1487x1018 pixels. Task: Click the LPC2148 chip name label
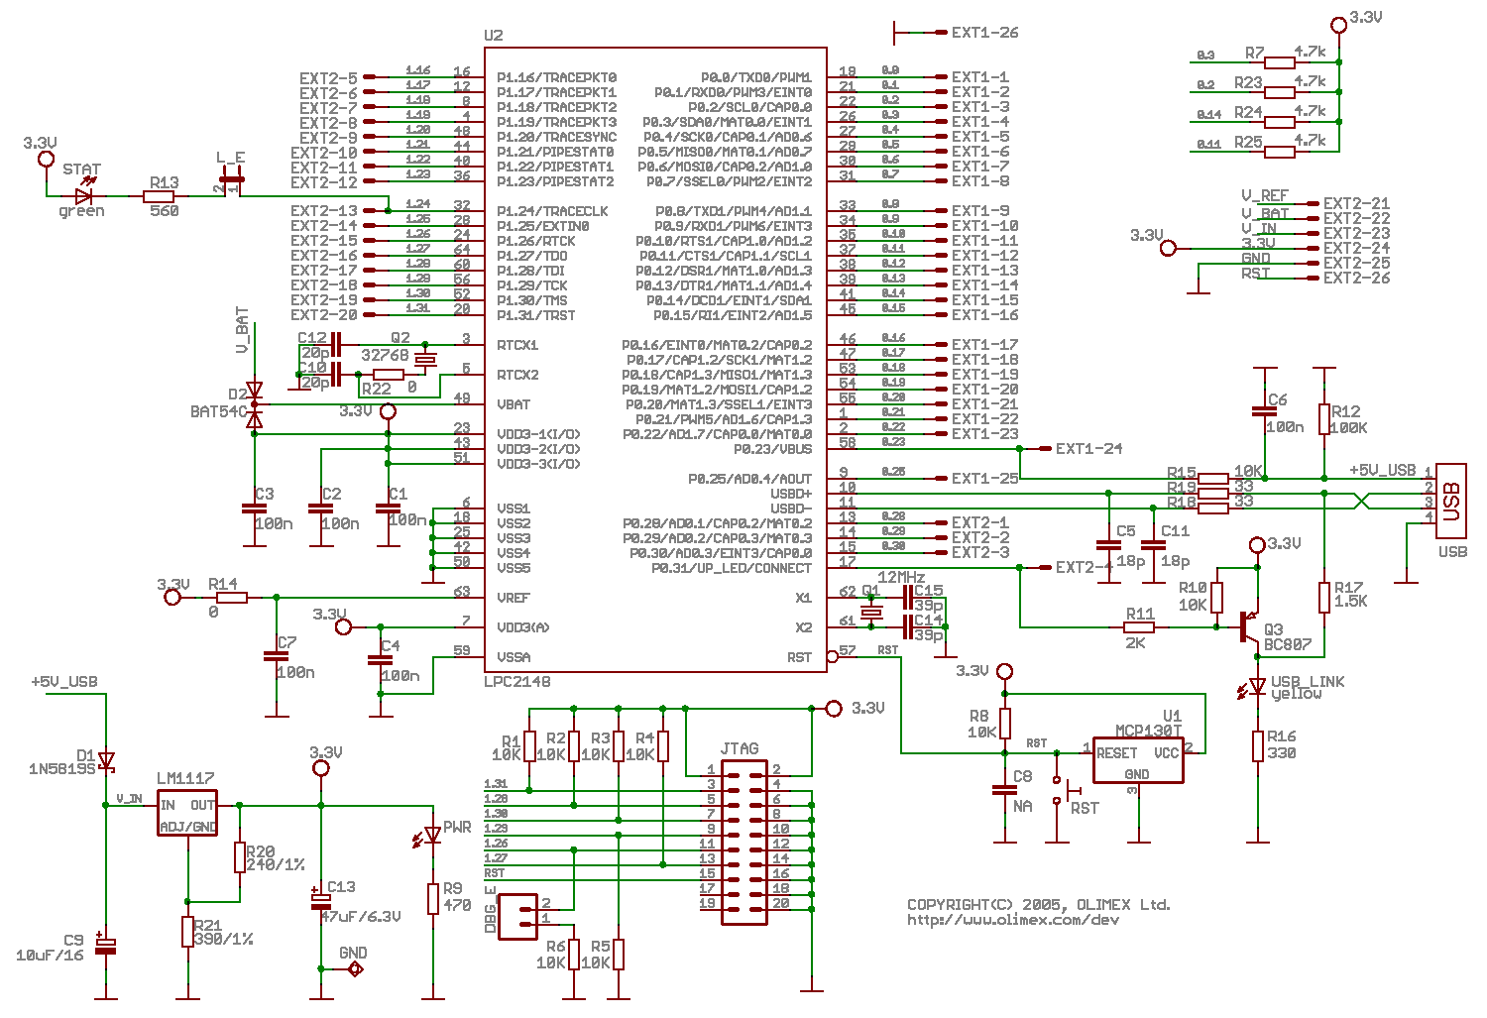tap(516, 682)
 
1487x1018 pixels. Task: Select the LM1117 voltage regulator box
tap(187, 814)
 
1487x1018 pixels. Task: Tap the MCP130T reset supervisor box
tap(1138, 760)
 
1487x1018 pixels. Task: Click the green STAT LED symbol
tap(83, 196)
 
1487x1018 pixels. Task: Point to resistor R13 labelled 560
tap(159, 196)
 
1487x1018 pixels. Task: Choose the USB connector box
tap(1451, 502)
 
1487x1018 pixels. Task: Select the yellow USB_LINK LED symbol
tap(1257, 686)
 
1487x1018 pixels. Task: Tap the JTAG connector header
tap(743, 843)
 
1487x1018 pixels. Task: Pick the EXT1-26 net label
tap(984, 33)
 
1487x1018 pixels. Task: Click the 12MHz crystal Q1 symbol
tap(870, 613)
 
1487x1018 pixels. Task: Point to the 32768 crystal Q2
tap(425, 359)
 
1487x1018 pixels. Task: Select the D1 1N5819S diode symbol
tap(106, 761)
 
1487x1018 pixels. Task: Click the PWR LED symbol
tap(432, 836)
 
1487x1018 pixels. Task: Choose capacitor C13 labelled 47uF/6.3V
tap(320, 901)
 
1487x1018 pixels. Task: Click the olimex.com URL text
tap(1012, 920)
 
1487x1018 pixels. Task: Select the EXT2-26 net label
tap(1356, 279)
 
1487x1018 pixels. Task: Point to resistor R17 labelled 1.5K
tap(1324, 597)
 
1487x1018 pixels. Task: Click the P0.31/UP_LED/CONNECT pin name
tap(731, 568)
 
